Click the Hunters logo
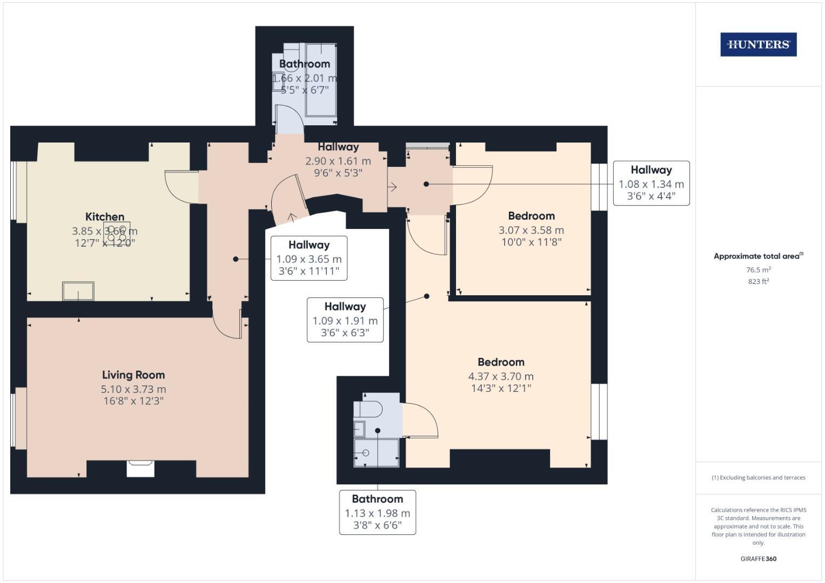[x=759, y=44]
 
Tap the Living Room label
[x=133, y=375]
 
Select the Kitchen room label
[x=105, y=216]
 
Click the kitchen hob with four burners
[x=117, y=233]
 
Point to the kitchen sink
[x=78, y=291]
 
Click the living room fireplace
[x=140, y=468]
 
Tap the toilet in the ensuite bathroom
[x=368, y=409]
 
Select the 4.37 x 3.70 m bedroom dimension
[x=501, y=376]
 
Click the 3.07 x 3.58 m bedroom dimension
[x=531, y=230]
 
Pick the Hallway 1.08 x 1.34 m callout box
[x=651, y=183]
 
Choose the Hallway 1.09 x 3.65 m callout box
[x=308, y=258]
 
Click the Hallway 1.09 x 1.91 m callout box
[x=345, y=320]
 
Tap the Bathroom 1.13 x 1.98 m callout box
[x=378, y=512]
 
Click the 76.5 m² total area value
[x=759, y=269]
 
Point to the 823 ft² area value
[x=759, y=281]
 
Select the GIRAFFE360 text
[x=759, y=559]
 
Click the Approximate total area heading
[x=759, y=256]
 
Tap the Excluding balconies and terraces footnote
[x=759, y=477]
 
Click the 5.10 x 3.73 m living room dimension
[x=133, y=389]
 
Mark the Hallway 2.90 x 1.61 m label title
[x=338, y=147]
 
